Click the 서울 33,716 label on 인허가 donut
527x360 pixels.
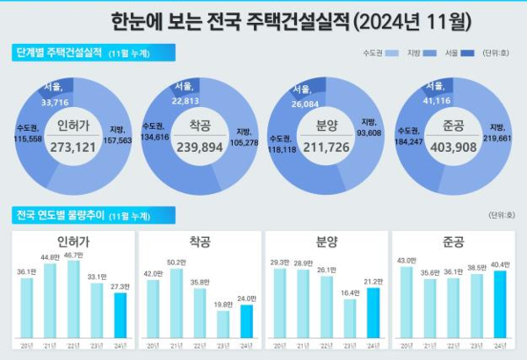click(55, 95)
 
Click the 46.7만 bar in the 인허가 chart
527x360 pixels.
click(74, 299)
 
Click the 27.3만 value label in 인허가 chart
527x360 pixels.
click(119, 287)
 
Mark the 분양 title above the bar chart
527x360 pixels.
click(326, 241)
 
